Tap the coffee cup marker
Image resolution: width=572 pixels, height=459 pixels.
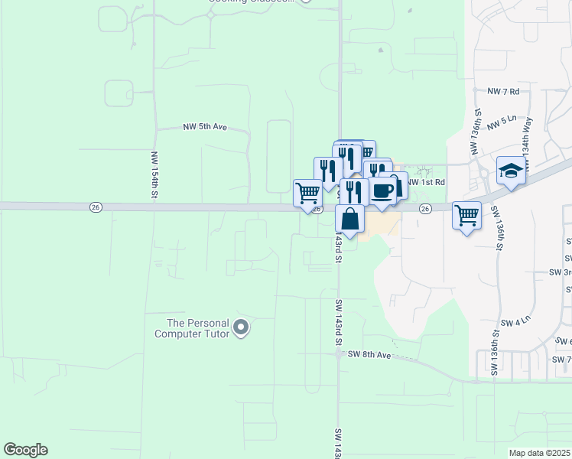(x=383, y=190)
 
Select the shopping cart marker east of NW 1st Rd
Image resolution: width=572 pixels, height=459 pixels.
(x=466, y=214)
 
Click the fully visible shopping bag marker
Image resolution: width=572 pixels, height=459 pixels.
(x=349, y=219)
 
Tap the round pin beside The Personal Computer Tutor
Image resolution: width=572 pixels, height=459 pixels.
(x=241, y=328)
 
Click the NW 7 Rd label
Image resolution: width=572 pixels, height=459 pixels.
(x=503, y=91)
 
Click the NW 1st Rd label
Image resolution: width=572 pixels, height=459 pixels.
(x=426, y=182)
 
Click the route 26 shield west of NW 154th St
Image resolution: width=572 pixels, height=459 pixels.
(x=95, y=207)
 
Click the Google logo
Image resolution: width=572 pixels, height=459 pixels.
(x=25, y=450)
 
